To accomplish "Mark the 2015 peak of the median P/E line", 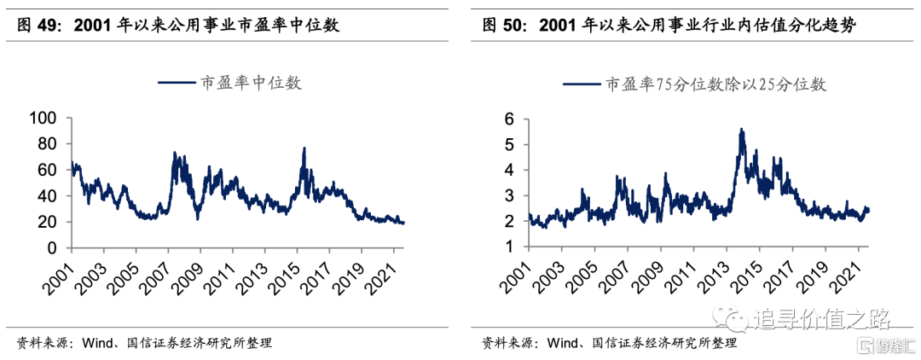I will (x=304, y=148).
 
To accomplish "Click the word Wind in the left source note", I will (x=96, y=343).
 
